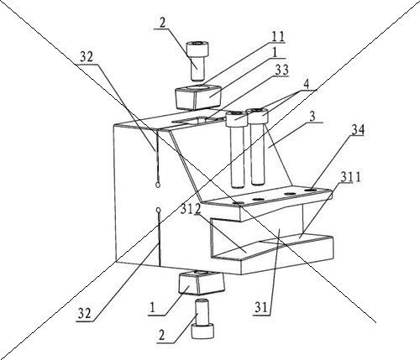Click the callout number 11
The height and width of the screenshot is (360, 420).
coord(278,37)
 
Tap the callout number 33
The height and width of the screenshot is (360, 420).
coord(281,70)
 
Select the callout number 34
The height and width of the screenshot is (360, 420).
coord(358,130)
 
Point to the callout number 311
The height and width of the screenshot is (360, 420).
coord(351,176)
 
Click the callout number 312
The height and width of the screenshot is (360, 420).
coord(191,209)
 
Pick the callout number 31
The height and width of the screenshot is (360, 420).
coord(261,308)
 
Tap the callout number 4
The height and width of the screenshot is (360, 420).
coord(306,85)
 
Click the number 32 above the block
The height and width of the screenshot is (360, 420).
coord(87,58)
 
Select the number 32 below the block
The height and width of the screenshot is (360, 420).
coord(85,314)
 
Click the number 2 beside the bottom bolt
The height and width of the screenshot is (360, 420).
coord(161,335)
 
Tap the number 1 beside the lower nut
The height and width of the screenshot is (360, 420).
coord(152,308)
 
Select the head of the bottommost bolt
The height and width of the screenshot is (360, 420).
coord(202,331)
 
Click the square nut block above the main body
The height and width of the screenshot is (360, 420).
coord(198,97)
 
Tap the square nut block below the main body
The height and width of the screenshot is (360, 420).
coord(202,283)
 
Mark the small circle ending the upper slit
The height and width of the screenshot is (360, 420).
coord(158,185)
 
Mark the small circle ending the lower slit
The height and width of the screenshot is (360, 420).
coord(158,210)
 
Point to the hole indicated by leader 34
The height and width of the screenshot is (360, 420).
coord(310,190)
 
